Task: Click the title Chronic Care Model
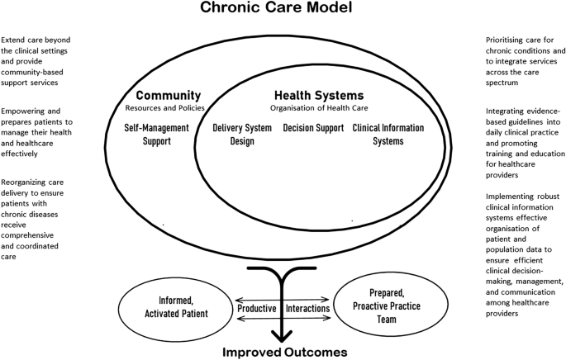coord(282,11)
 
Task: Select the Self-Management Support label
coord(163,134)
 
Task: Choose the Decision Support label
coord(312,128)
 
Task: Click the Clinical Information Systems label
coord(388,134)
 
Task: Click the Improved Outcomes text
coord(284,352)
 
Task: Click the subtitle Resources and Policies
coord(169,107)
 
